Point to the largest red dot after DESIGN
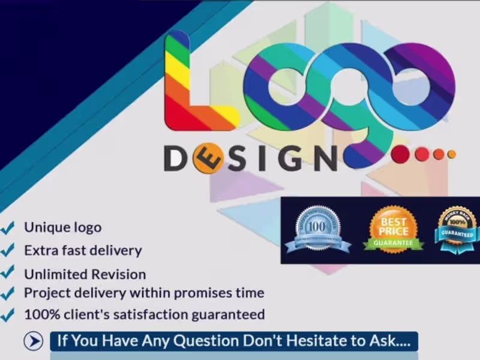point(400,155)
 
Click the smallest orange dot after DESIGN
point(452,154)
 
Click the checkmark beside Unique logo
point(8,227)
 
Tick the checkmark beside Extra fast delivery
point(8,249)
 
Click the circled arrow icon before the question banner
point(34,341)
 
